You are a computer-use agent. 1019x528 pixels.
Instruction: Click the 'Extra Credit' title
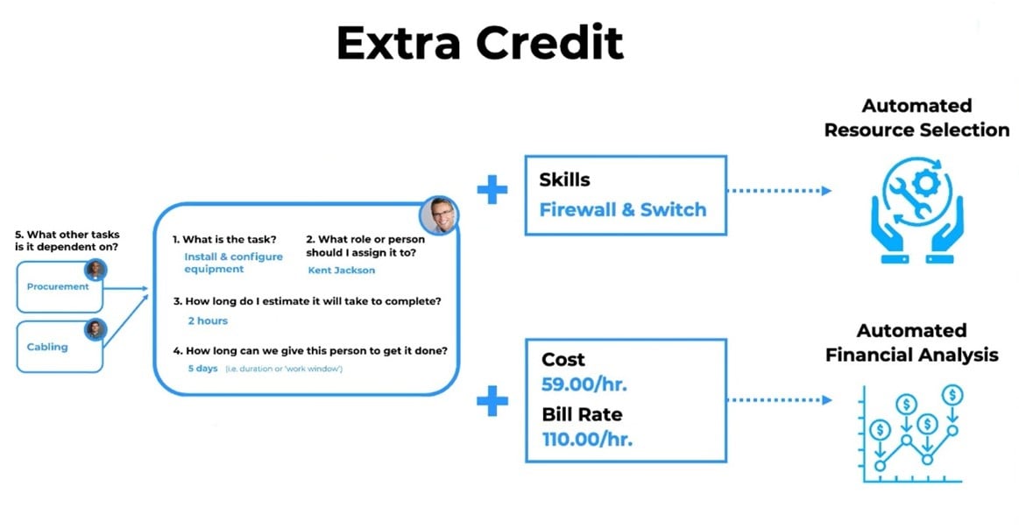479,44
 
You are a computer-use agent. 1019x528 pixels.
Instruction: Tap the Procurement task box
59,286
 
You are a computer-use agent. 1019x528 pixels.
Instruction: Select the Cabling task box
59,347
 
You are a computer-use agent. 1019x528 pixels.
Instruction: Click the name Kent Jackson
341,271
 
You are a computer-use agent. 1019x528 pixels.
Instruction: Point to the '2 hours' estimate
208,320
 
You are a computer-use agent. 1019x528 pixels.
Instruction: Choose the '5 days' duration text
202,369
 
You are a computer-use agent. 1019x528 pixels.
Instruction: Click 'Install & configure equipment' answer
233,263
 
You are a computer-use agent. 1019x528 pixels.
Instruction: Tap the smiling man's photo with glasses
439,215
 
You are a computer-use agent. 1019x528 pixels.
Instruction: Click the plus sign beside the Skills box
492,190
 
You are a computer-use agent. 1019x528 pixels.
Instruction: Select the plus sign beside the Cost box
492,401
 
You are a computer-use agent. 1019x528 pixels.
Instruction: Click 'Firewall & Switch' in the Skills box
623,210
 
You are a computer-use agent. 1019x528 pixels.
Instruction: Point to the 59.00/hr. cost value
584,384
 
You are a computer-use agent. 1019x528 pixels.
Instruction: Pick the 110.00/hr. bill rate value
587,440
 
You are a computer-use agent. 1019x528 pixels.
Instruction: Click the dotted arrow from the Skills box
779,191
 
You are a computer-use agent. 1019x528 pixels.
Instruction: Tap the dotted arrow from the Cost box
779,400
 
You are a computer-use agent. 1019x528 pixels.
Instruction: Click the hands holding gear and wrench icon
917,209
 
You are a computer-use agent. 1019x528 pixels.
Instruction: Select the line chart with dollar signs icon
911,433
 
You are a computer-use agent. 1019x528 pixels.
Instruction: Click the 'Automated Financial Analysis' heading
912,343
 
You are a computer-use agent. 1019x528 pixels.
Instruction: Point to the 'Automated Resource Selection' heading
917,117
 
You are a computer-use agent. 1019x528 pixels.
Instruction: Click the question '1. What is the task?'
224,240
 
